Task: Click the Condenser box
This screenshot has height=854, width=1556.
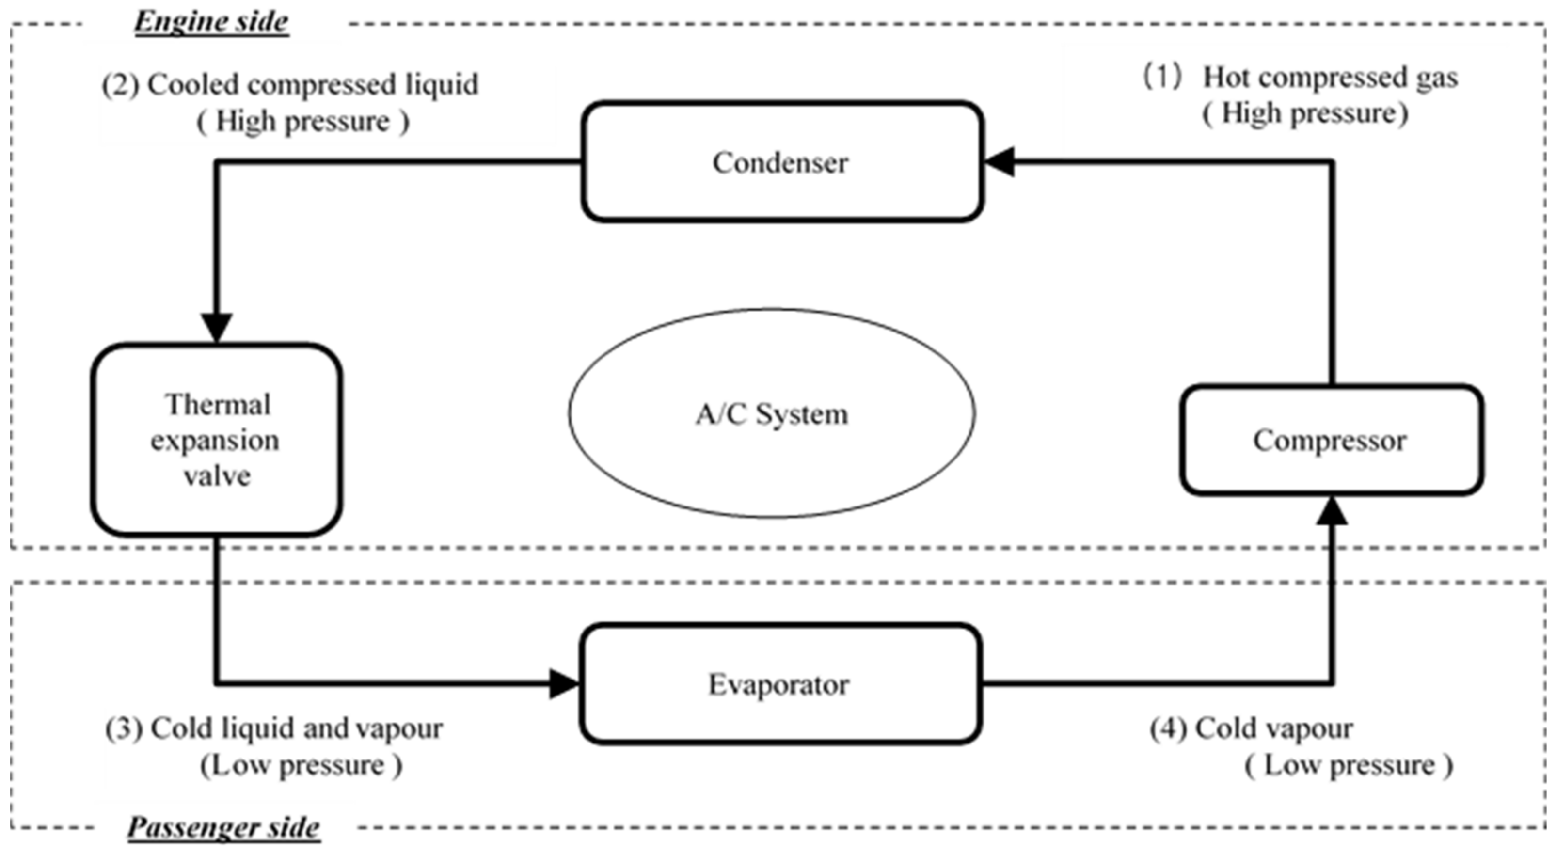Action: pyautogui.click(x=781, y=162)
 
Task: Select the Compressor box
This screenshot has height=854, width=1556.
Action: pyautogui.click(x=1331, y=440)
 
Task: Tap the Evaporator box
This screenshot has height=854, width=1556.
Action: pyautogui.click(x=779, y=684)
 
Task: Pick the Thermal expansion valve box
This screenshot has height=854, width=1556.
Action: pyautogui.click(x=216, y=440)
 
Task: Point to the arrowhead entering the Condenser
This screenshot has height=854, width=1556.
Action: pyautogui.click(x=1000, y=161)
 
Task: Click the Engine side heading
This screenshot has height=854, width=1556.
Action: pyautogui.click(x=211, y=22)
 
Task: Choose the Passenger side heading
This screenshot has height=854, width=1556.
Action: pyautogui.click(x=223, y=827)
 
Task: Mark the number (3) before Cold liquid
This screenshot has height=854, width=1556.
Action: pyautogui.click(x=124, y=728)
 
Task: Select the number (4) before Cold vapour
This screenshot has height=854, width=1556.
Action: pyautogui.click(x=1169, y=728)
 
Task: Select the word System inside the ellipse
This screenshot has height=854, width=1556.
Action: pyautogui.click(x=802, y=414)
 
